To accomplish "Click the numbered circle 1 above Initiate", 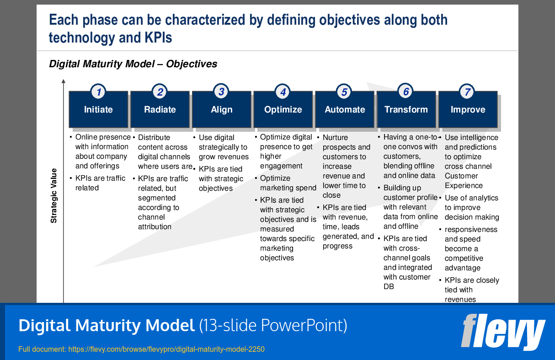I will click(98, 92).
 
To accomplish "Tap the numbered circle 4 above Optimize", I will click(283, 92).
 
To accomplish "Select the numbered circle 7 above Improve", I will click(467, 92).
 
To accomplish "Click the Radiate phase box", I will click(160, 110).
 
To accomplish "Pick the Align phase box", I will click(222, 110).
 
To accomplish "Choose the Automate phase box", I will click(345, 110).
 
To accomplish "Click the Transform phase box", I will click(406, 110).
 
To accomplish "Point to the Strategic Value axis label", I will click(54, 196).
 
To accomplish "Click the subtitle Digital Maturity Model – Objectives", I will click(133, 64).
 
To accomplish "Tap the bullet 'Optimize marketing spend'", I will click(288, 183).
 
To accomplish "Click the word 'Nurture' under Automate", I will click(335, 138).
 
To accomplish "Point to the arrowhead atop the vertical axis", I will click(64, 81).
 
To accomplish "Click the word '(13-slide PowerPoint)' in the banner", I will click(273, 326).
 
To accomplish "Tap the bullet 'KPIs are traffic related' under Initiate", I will click(100, 183).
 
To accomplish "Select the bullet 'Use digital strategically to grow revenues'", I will click(223, 147).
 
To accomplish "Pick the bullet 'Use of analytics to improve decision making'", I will click(471, 208).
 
